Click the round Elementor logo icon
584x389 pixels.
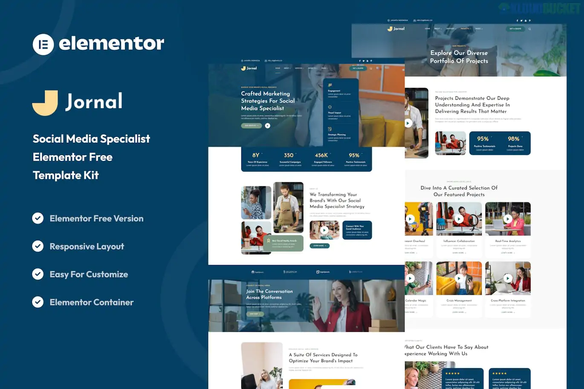(x=43, y=44)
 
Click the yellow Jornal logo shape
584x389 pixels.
(x=45, y=103)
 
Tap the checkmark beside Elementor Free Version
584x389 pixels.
(x=38, y=218)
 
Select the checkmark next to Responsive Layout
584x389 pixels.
(x=38, y=246)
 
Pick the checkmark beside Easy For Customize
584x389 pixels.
(x=38, y=274)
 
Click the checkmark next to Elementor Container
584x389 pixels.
(x=38, y=302)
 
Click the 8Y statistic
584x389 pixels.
(x=256, y=156)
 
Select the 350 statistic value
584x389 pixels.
(x=289, y=156)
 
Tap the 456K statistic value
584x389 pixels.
(x=321, y=156)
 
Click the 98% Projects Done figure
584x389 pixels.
(x=514, y=139)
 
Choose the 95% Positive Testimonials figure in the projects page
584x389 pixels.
(x=483, y=139)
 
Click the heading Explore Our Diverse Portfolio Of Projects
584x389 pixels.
(x=459, y=57)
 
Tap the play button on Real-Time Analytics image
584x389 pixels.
(x=508, y=219)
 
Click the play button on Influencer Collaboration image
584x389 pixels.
(x=459, y=219)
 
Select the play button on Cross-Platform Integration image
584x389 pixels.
(x=508, y=278)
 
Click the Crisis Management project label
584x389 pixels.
(x=459, y=300)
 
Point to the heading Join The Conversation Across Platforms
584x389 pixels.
(x=269, y=294)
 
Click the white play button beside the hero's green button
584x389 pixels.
(x=268, y=126)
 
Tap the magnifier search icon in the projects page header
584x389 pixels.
(x=530, y=29)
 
